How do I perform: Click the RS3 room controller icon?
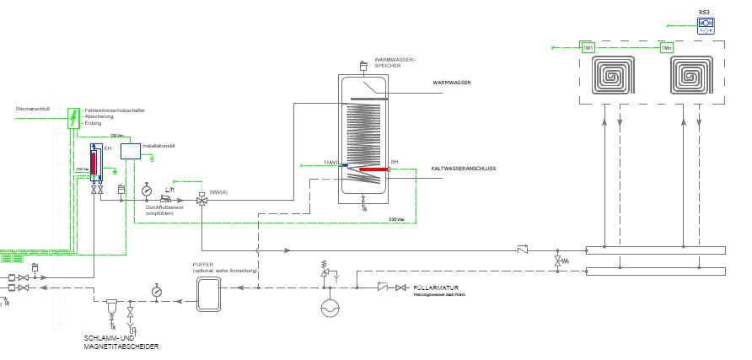tap(705, 24)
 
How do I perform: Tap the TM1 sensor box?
tap(588, 48)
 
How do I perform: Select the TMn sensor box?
tap(666, 48)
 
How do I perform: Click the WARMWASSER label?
tap(451, 83)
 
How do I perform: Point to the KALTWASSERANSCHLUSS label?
tap(463, 169)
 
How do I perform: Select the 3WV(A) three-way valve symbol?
tap(201, 201)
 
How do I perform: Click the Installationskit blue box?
tap(131, 151)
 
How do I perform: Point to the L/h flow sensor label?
tap(169, 188)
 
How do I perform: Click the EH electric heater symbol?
tap(94, 162)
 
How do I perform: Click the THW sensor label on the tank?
tap(330, 162)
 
